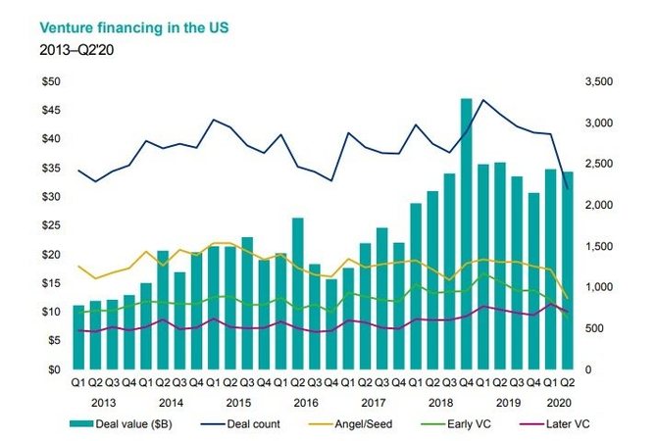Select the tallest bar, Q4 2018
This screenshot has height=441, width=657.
(x=466, y=234)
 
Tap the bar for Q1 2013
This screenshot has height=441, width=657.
(x=78, y=337)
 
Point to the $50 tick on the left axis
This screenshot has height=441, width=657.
(x=48, y=81)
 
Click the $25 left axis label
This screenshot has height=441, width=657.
(x=48, y=225)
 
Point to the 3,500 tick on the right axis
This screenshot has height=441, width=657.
(x=598, y=81)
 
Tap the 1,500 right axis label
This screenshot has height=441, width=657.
(x=598, y=246)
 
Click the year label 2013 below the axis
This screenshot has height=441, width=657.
(x=103, y=402)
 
